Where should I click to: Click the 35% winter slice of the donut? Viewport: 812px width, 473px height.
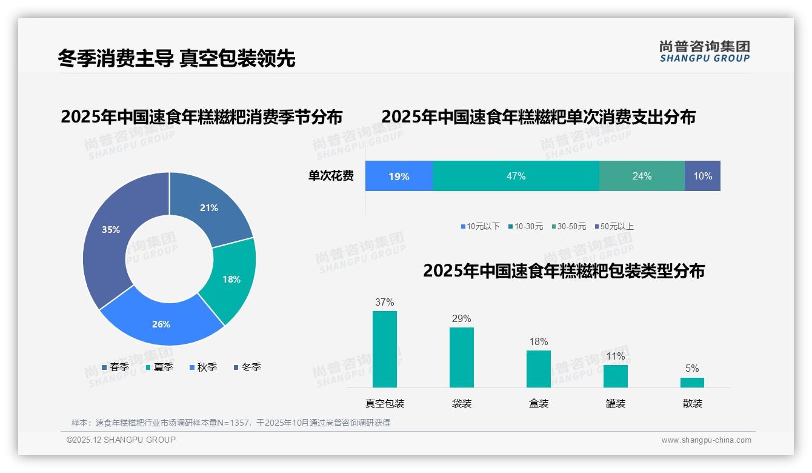(x=109, y=236)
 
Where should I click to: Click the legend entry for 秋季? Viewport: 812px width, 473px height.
(x=203, y=367)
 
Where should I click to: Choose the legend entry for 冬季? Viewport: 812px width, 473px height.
(x=247, y=367)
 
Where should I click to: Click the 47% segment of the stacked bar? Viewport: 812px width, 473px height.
(x=516, y=176)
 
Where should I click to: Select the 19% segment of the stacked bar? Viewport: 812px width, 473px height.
(x=399, y=176)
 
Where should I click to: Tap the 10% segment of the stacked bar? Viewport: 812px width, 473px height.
(x=702, y=176)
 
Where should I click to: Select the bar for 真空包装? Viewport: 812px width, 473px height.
(x=384, y=349)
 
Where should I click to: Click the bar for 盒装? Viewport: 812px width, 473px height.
(x=538, y=369)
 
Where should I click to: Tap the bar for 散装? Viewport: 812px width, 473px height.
(x=692, y=383)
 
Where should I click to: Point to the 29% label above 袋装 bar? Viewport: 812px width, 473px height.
(x=461, y=319)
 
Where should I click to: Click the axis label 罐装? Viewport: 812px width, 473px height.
(x=615, y=403)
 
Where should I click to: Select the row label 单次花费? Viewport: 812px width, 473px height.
(x=331, y=176)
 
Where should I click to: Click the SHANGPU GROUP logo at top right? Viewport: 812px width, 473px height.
(x=704, y=51)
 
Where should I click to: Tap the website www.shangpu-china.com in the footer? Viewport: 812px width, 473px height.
(x=706, y=440)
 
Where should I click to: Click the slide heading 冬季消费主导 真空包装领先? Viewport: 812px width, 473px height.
(x=176, y=58)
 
